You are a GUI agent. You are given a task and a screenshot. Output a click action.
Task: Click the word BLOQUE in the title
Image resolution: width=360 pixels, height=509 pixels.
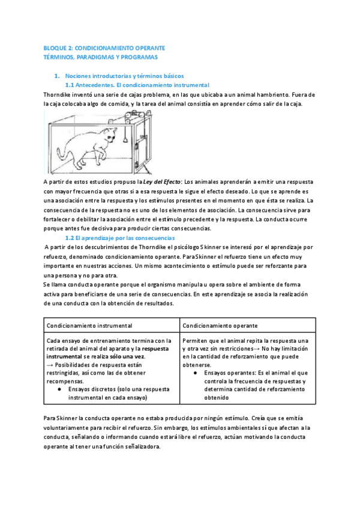(55, 47)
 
